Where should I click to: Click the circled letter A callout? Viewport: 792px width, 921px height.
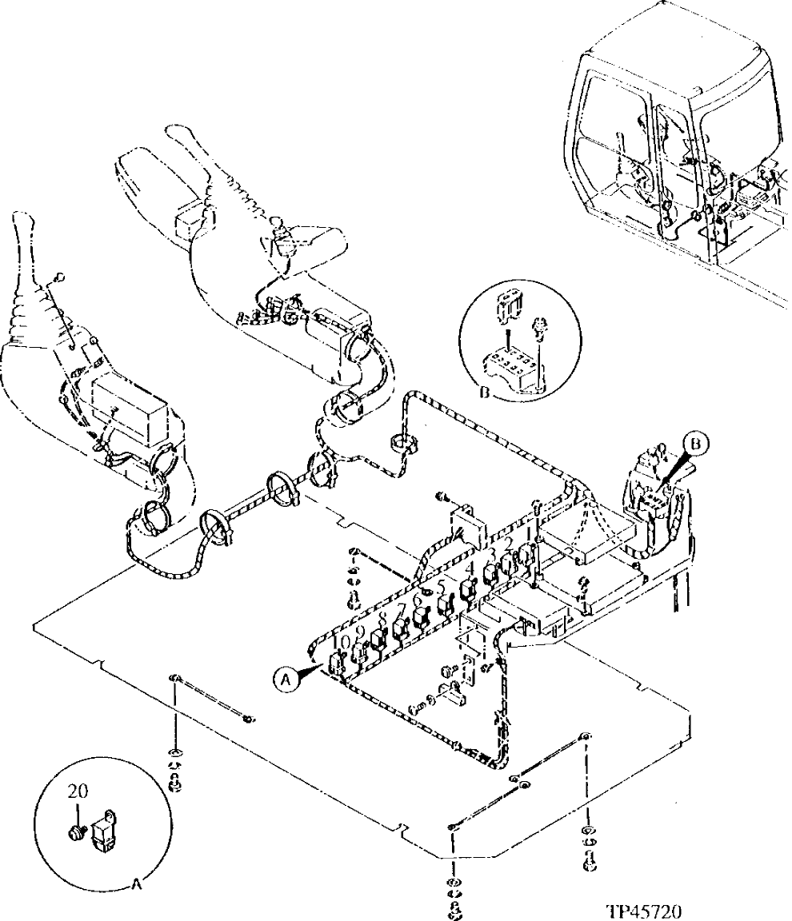tap(284, 678)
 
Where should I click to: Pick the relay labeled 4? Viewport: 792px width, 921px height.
tap(468, 590)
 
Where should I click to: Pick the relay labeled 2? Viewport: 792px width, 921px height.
tap(506, 564)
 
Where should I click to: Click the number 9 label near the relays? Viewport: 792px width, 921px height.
tap(360, 632)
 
